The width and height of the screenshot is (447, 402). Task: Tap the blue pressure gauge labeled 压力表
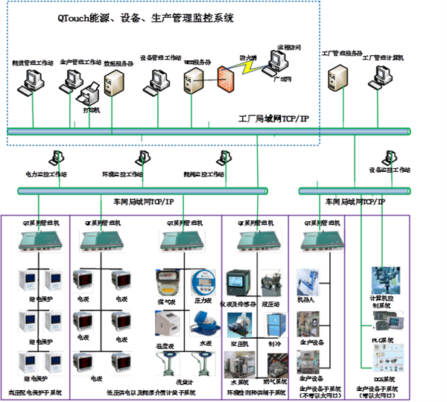[203, 282]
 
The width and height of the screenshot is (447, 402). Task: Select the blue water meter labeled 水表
[203, 325]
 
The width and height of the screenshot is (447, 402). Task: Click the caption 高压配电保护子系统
[36, 391]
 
